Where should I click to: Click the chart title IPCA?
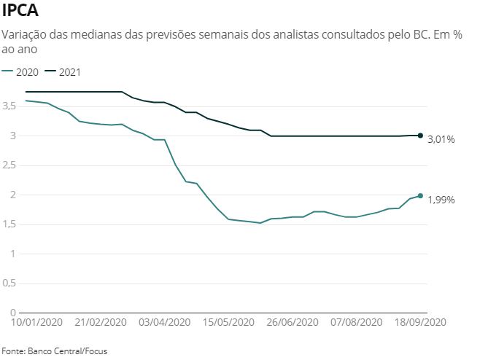tap(21, 12)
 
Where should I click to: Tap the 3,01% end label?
tap(441, 139)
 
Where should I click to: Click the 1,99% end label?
tap(441, 199)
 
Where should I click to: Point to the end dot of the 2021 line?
tap(420, 136)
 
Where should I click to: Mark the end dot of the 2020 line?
tap(420, 195)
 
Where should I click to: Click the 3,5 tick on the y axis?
tap(9, 106)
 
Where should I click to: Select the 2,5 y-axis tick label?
tap(9, 165)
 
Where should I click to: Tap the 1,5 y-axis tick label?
tap(9, 224)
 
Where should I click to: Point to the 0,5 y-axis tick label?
tap(9, 283)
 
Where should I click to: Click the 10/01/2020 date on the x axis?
tap(37, 321)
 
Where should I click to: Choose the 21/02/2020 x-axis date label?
tap(101, 321)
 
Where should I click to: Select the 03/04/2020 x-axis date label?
tap(164, 321)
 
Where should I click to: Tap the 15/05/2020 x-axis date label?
tap(228, 321)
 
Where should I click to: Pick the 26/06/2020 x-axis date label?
tap(292, 321)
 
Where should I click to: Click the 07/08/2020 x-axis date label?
tap(356, 321)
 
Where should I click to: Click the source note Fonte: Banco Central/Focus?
tap(54, 351)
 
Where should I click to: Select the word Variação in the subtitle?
tap(24, 34)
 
